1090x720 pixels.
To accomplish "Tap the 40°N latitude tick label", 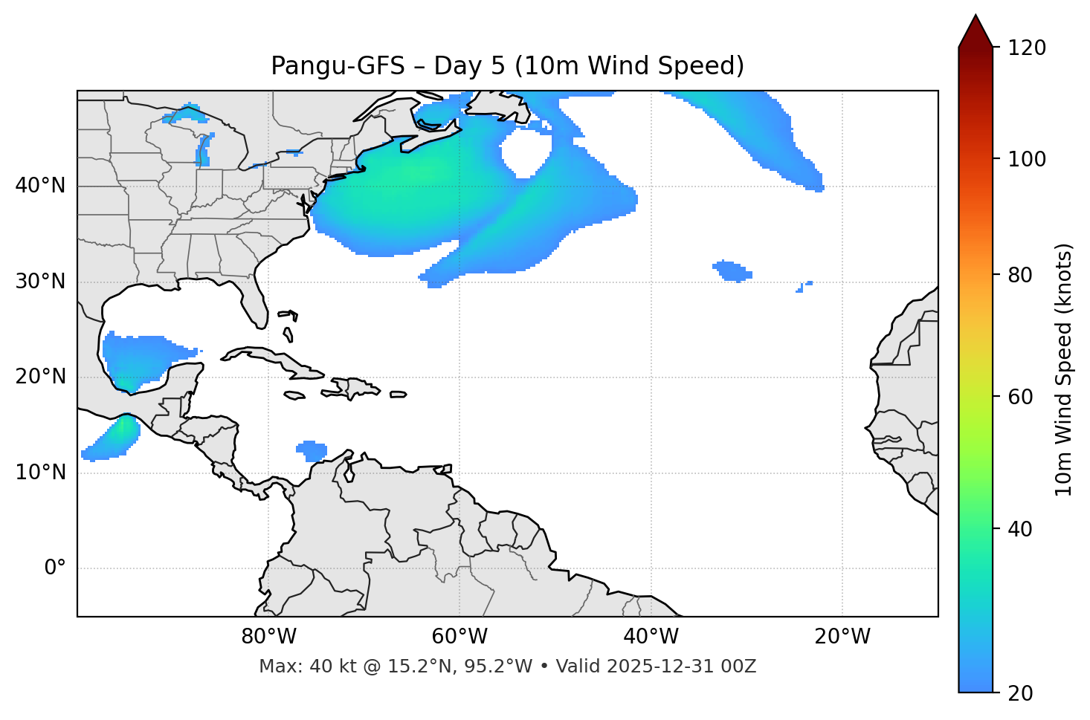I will coord(40,186).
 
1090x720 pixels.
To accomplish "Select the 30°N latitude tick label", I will coord(40,282).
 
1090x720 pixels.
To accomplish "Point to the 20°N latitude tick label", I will coord(40,377).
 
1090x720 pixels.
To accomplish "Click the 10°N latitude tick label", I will coord(40,473).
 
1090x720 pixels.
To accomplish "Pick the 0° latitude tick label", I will coord(55,568).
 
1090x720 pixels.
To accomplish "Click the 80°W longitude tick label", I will coord(268,637).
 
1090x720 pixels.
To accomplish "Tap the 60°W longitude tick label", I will coord(459,637).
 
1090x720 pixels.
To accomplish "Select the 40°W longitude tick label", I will coord(651,637).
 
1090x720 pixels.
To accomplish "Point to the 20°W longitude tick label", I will coord(842,637).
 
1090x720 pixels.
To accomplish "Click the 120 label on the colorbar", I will coord(1027,48).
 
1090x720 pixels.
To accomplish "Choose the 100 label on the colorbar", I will coord(1027,159).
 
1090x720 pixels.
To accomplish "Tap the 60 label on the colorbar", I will coord(1021,397).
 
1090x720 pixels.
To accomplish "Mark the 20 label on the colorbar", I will coord(1021,693).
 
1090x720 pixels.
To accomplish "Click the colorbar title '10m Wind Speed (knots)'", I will coord(1064,369).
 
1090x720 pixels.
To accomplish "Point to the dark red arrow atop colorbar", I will coord(975,31).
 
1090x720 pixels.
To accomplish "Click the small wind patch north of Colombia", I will coord(312,450).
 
